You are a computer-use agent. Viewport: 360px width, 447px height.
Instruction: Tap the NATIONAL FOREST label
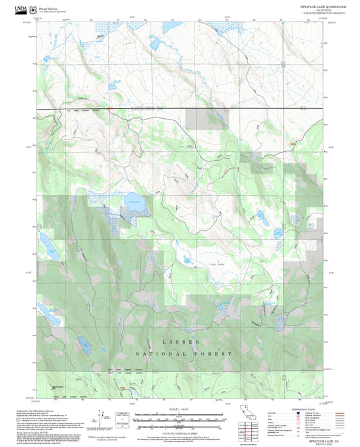(x=184, y=354)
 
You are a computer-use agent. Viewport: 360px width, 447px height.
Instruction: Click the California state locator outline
(x=248, y=413)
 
